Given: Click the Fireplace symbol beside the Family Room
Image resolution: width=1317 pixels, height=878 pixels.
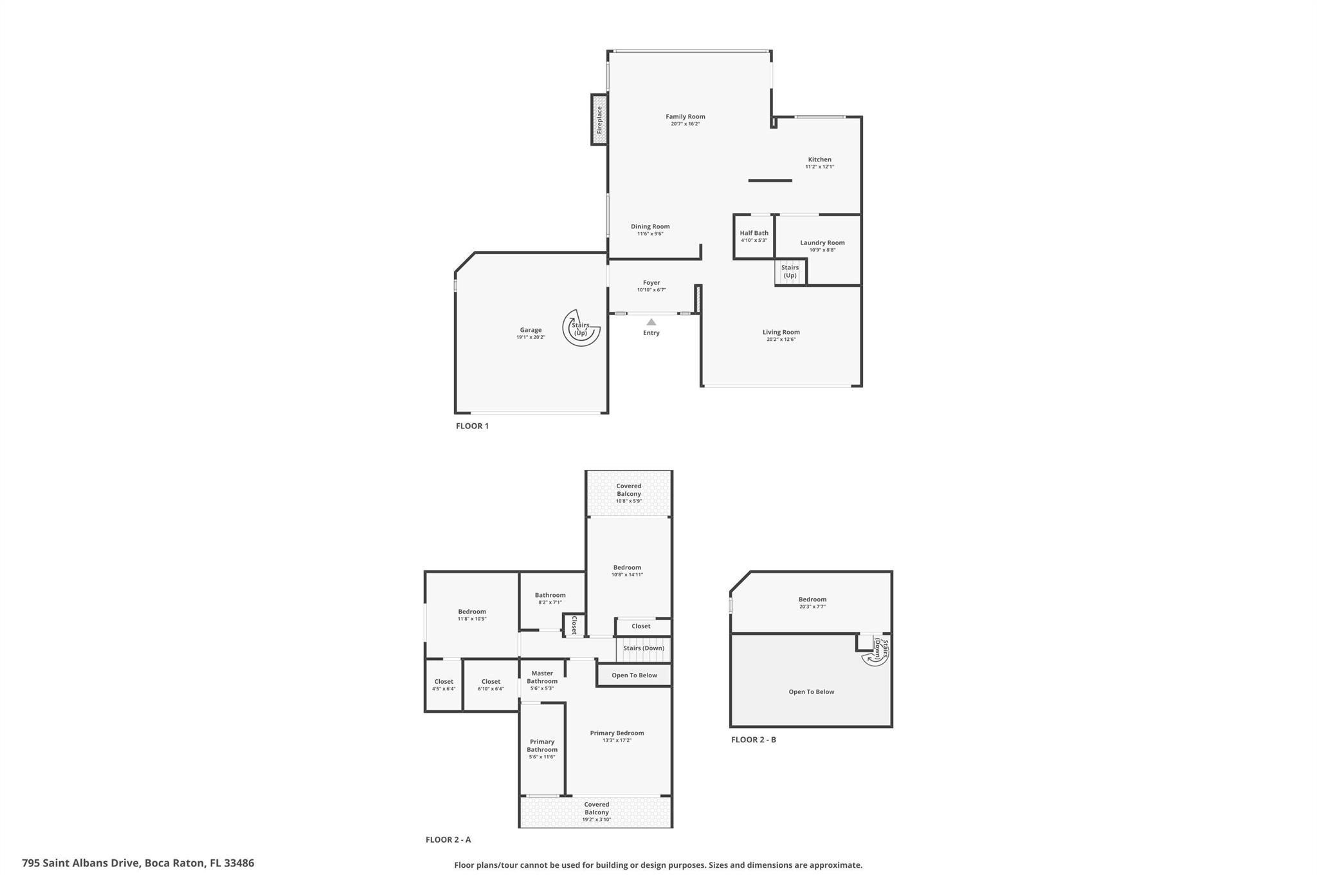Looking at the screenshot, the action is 599,120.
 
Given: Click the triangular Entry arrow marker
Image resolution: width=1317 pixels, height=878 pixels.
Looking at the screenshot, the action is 651,322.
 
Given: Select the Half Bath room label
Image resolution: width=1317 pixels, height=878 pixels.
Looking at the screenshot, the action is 754,233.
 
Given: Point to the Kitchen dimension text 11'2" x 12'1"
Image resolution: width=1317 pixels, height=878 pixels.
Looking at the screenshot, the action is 819,167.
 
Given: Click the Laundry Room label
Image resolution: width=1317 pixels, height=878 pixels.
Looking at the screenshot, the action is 822,242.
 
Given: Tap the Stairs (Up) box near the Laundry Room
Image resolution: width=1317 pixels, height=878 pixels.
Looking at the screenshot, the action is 790,271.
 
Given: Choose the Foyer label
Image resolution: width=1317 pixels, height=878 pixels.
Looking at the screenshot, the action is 651,282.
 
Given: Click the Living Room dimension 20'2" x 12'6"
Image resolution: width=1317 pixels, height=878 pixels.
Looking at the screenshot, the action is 781,340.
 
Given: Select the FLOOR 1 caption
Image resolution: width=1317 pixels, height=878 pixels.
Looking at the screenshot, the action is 472,426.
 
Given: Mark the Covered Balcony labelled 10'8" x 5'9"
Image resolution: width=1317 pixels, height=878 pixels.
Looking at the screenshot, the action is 629,493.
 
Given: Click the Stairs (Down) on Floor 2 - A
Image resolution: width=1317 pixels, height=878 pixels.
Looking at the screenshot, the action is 644,648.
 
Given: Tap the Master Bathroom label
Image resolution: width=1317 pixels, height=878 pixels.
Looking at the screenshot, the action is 542,677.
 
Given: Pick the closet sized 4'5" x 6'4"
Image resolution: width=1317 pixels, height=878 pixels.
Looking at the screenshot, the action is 444,685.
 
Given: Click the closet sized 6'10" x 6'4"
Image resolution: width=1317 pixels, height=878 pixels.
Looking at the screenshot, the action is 491,685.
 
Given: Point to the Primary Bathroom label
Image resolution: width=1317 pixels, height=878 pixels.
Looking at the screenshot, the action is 542,745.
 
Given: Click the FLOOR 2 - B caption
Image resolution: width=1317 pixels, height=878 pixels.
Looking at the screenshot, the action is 754,740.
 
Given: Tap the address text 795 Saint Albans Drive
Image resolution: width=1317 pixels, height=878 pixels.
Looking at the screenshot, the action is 80,863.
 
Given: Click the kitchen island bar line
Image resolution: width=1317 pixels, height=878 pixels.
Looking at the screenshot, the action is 770,181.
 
